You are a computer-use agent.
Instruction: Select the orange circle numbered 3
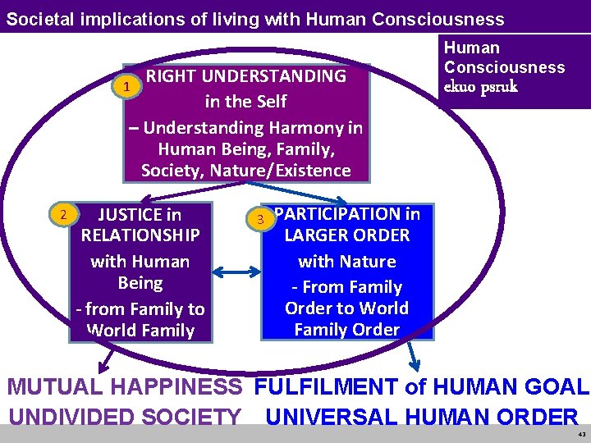click(x=260, y=219)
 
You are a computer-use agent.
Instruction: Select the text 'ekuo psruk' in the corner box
click(x=481, y=86)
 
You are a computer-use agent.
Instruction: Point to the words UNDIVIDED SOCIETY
click(x=125, y=416)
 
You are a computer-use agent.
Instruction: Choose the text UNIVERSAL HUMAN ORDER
click(x=422, y=416)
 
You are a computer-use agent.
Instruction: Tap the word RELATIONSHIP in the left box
click(x=140, y=235)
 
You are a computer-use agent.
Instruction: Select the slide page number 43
click(x=580, y=434)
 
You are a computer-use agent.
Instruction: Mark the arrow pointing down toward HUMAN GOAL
click(x=414, y=354)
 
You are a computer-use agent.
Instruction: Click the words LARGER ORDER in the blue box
click(x=346, y=235)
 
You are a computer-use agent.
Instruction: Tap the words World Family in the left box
click(x=140, y=331)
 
